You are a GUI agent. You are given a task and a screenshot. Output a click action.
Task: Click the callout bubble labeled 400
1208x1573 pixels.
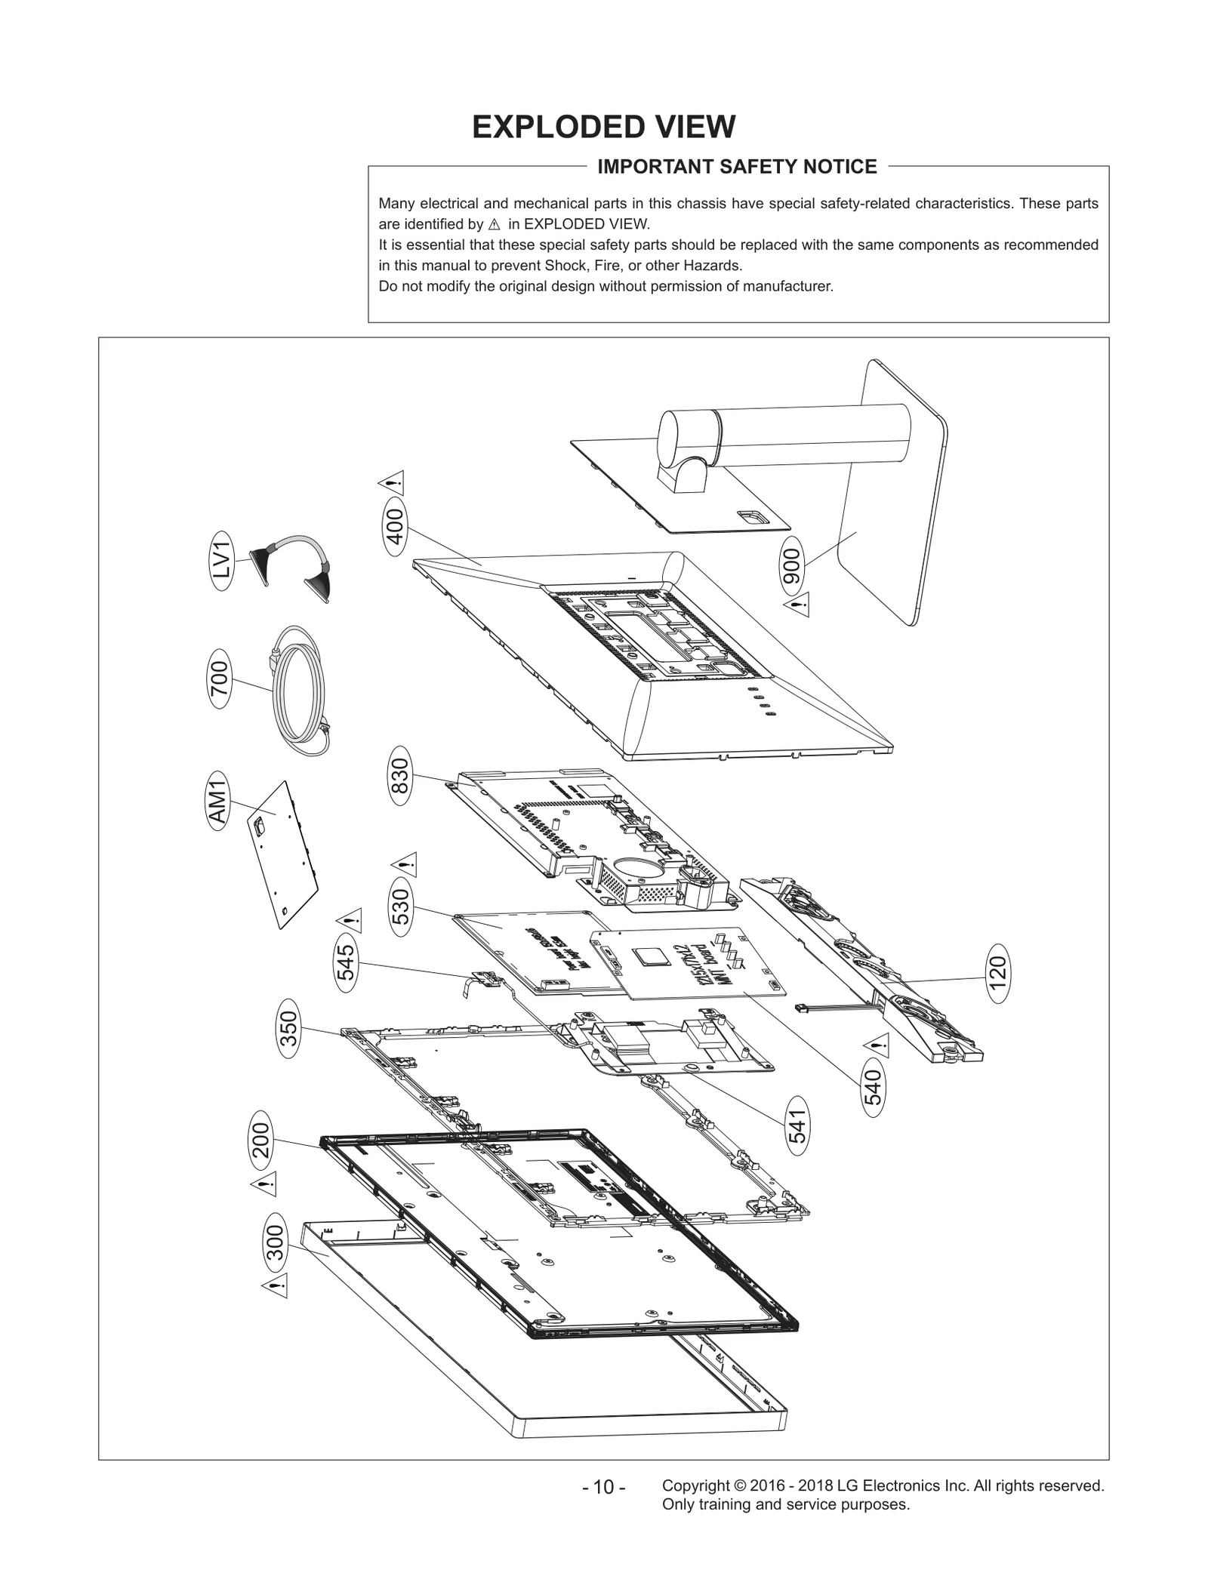[396, 526]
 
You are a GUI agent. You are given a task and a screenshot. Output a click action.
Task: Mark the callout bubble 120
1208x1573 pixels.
[998, 973]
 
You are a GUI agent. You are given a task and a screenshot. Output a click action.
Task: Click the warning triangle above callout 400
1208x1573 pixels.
[392, 482]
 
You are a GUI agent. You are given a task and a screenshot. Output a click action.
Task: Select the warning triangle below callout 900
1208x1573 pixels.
[797, 604]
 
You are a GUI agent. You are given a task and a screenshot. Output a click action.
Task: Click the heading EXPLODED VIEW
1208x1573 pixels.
[603, 127]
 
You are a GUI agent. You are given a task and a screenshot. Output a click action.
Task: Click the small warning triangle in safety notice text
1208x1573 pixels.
[495, 225]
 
